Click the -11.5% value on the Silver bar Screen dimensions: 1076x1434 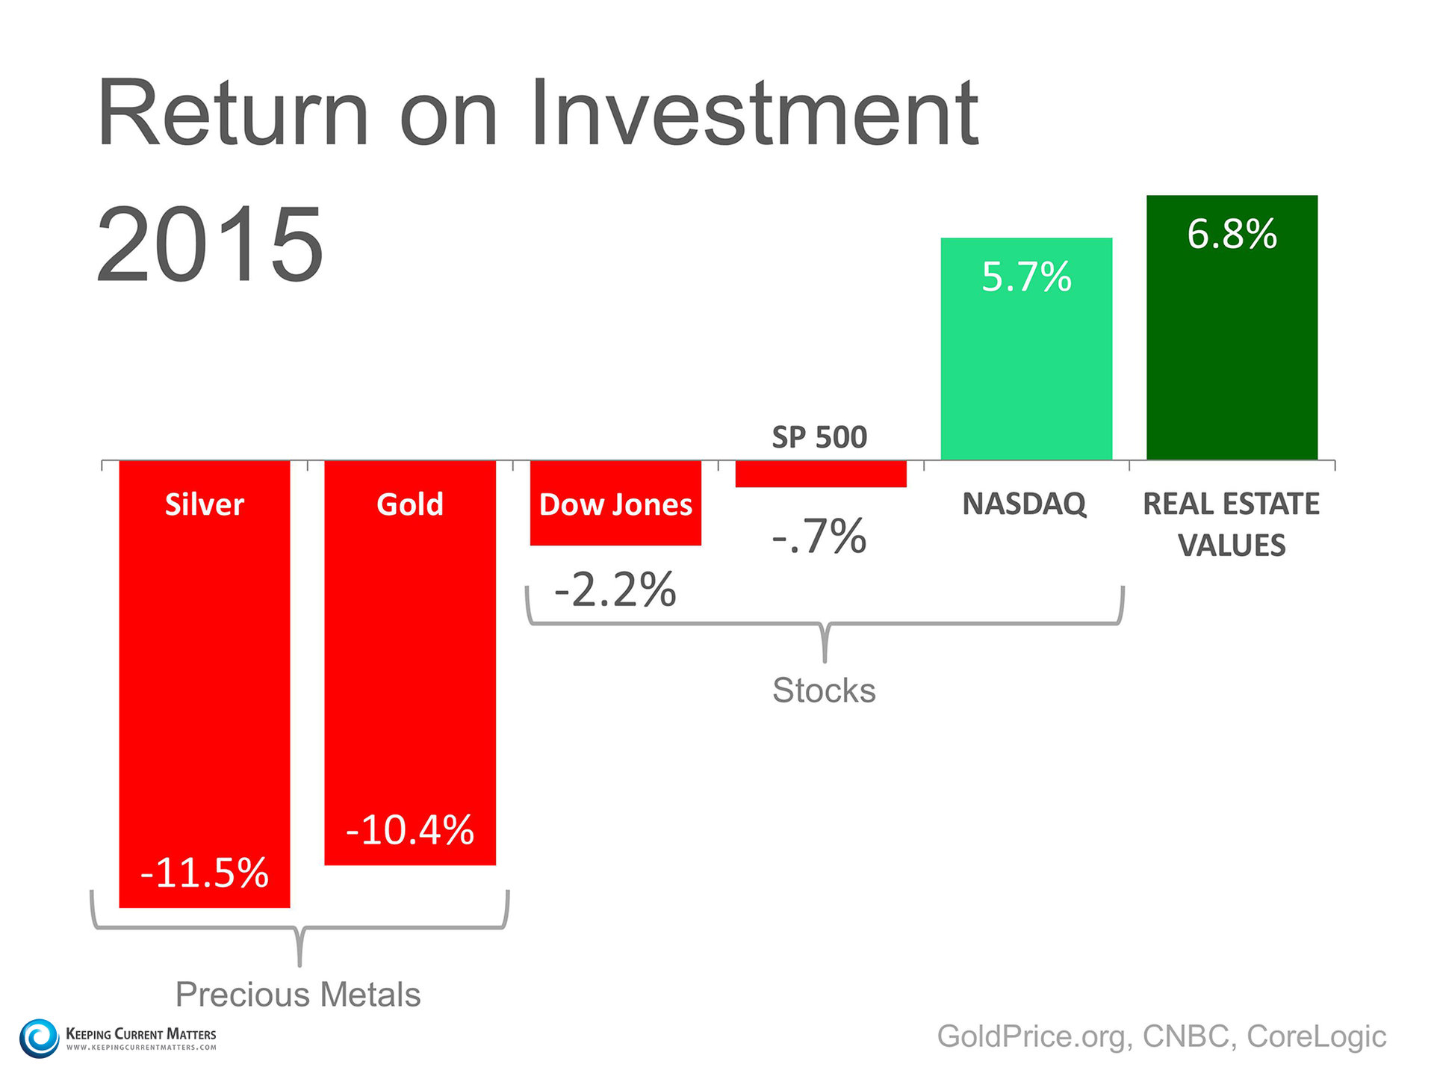[x=204, y=872]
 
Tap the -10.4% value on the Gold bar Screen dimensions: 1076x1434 [x=409, y=829]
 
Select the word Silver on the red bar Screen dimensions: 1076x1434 [x=204, y=504]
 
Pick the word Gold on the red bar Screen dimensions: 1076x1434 [x=409, y=504]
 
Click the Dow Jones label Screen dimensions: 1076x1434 [x=615, y=504]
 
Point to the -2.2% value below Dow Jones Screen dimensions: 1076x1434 [x=615, y=590]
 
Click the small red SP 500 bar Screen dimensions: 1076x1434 [x=820, y=474]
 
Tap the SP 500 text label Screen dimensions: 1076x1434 [x=819, y=437]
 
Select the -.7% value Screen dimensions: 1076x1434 [x=819, y=536]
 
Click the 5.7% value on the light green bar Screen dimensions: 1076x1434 [x=1026, y=276]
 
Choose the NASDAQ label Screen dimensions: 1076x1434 [x=1025, y=504]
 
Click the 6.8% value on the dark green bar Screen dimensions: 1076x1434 [x=1232, y=234]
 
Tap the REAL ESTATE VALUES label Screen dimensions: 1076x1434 [x=1232, y=524]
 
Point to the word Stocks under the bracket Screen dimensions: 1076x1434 [x=824, y=690]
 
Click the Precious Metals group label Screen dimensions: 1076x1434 [x=298, y=995]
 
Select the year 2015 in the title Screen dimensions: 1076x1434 [x=210, y=244]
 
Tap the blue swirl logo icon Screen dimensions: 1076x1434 [x=39, y=1038]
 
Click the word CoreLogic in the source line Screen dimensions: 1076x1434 [x=1316, y=1036]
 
